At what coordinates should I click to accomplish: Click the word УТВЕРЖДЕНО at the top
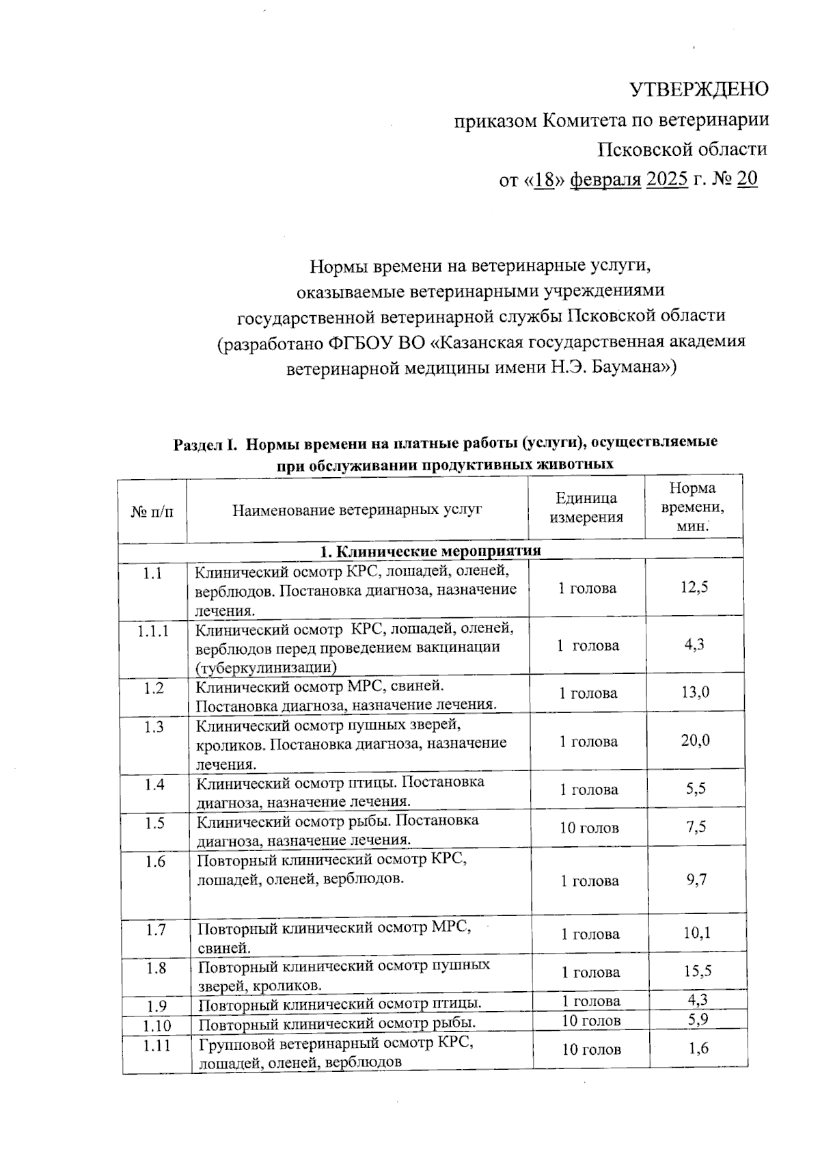[698, 90]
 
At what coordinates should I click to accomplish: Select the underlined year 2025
[666, 179]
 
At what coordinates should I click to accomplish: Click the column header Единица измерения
[586, 508]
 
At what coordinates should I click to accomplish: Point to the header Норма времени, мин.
[694, 507]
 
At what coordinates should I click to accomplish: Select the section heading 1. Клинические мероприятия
[430, 551]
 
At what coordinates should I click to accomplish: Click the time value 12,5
[694, 587]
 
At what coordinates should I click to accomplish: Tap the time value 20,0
[695, 740]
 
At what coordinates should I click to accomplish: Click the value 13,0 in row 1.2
[695, 692]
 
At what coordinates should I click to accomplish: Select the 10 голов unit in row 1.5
[589, 828]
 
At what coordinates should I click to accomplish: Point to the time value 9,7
[696, 880]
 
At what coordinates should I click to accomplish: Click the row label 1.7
[155, 930]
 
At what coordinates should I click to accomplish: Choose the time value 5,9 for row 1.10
[698, 1020]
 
